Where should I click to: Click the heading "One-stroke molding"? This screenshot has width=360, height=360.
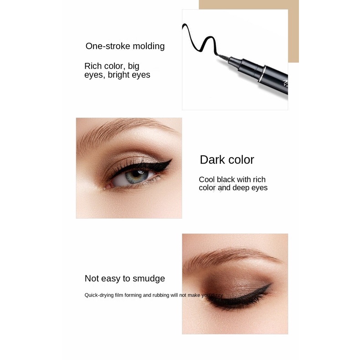point(125,46)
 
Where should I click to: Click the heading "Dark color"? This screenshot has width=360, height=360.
point(227,160)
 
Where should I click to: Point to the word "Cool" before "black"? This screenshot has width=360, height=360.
point(206,179)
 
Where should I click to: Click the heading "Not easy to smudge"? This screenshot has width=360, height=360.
point(125,278)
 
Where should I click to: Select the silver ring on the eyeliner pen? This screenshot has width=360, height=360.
point(261,74)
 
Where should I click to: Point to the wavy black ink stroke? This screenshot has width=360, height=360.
point(199,39)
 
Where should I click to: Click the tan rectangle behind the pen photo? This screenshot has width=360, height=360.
point(293,35)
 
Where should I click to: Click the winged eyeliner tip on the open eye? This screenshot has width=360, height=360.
point(171,159)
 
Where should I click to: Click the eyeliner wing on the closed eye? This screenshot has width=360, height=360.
point(266,287)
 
